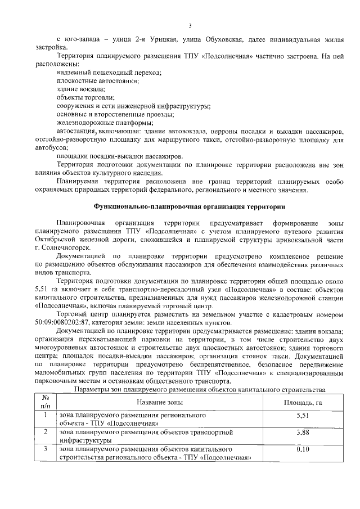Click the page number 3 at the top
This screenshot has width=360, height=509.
click(x=190, y=25)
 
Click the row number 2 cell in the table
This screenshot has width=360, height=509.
click(x=46, y=432)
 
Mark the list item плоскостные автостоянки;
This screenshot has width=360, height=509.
click(x=98, y=81)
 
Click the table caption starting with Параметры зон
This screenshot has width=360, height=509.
click(x=199, y=389)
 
